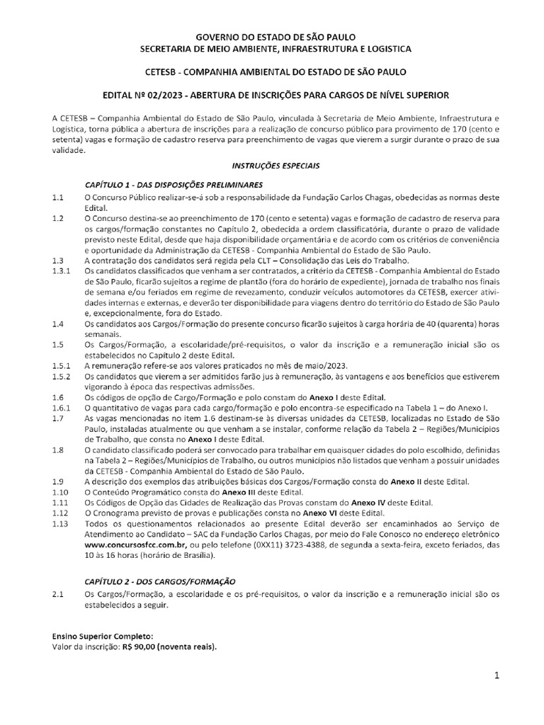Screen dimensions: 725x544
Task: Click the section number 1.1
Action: [57, 195]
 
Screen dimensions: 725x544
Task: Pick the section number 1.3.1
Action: [61, 271]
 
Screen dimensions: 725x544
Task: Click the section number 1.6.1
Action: [61, 409]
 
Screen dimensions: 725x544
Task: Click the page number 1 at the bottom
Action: [497, 676]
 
